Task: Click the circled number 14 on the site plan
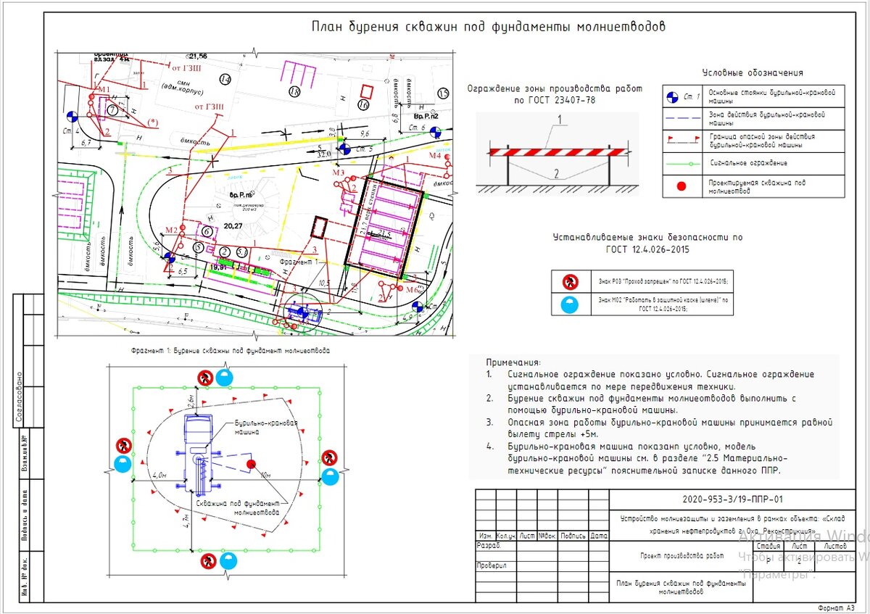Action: click(x=225, y=78)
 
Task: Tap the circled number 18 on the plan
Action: click(x=294, y=92)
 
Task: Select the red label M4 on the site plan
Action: click(x=434, y=156)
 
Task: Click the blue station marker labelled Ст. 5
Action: click(x=346, y=149)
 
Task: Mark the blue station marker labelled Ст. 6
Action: click(x=435, y=131)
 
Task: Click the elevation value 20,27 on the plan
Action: click(x=233, y=226)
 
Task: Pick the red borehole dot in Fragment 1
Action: click(x=251, y=464)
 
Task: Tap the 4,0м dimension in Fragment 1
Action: click(x=159, y=476)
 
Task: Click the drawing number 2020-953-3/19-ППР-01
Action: click(x=732, y=499)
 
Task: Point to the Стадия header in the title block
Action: click(x=768, y=546)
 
